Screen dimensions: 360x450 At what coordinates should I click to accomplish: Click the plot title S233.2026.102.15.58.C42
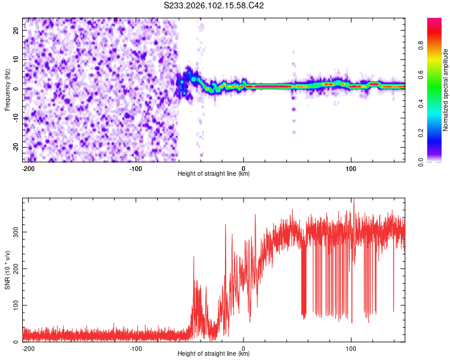(214, 5)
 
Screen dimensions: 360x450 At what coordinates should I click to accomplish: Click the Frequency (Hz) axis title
(7, 89)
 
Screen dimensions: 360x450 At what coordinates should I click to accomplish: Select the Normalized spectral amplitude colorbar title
(446, 89)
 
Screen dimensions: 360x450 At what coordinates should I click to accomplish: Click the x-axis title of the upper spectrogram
(214, 173)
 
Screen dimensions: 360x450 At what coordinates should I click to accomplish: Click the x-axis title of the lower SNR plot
(214, 353)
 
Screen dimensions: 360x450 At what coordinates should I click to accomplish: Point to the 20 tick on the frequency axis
(17, 32)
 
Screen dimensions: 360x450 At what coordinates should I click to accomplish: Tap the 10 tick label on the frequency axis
(17, 61)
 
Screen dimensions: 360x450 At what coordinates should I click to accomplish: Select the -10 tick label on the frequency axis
(16, 118)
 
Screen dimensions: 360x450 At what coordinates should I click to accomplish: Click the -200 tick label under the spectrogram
(28, 167)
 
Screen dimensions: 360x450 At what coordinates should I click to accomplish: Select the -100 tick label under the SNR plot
(136, 347)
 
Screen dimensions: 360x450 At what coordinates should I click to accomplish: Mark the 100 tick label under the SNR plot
(351, 347)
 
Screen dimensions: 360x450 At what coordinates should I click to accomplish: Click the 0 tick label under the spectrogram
(244, 167)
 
